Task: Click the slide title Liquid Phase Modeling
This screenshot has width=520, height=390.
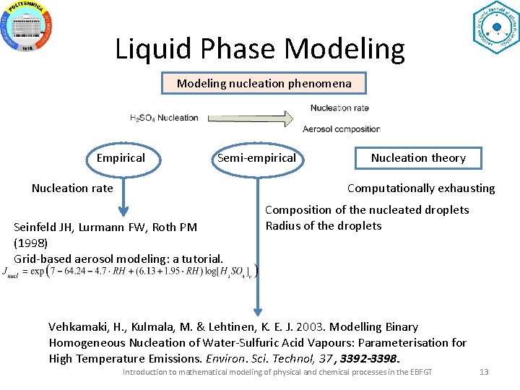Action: tap(260, 49)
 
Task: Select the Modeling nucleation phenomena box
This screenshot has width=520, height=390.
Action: tap(264, 83)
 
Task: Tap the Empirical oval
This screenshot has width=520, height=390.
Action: tap(121, 158)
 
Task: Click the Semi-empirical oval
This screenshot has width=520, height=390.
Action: tap(256, 158)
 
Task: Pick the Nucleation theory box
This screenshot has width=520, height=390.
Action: tap(417, 158)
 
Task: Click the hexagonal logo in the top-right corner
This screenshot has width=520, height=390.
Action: tap(495, 27)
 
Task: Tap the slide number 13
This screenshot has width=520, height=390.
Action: tap(484, 372)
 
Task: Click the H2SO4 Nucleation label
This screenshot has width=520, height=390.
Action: tap(164, 118)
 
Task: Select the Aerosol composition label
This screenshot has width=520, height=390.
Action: tap(341, 129)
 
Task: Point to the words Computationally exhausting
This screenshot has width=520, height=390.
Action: tap(421, 188)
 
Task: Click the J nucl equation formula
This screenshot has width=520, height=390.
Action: tap(130, 272)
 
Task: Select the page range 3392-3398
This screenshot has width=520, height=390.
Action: tap(369, 358)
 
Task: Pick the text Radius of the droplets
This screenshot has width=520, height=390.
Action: tap(324, 225)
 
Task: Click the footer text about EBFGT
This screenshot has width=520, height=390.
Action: tap(277, 372)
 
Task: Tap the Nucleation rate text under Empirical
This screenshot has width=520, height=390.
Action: tap(72, 188)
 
